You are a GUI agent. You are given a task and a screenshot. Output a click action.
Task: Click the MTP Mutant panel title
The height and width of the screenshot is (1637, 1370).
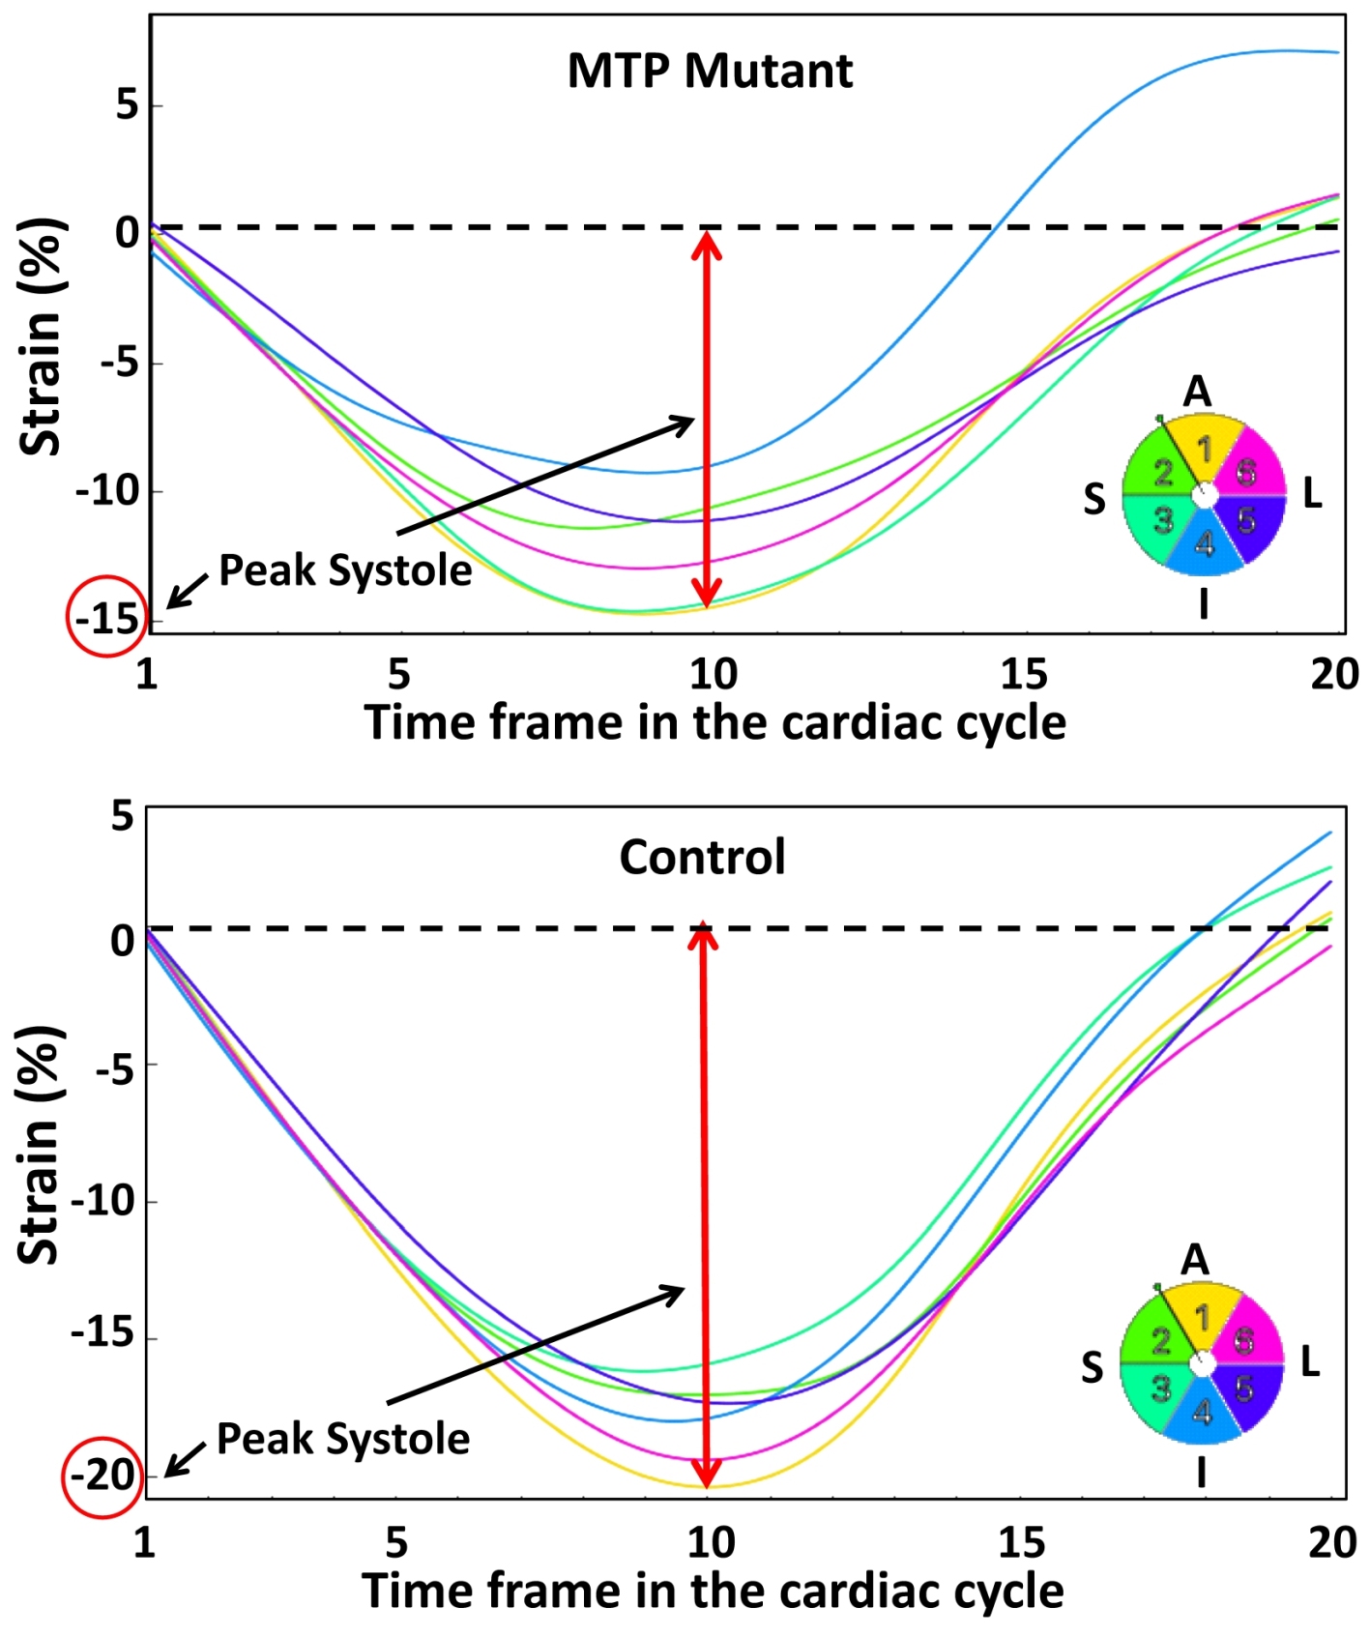point(710,71)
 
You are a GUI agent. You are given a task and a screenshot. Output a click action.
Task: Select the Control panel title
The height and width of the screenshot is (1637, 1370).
point(702,857)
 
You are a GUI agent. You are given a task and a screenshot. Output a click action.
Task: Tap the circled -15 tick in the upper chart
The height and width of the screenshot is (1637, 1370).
point(107,617)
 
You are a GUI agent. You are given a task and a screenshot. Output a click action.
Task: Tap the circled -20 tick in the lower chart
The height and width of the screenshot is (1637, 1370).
point(103,1476)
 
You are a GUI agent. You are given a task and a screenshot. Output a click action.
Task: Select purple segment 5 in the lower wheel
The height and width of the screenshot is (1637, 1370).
point(1246,1389)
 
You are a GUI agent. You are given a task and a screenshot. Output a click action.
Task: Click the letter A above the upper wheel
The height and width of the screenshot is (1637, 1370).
point(1198,393)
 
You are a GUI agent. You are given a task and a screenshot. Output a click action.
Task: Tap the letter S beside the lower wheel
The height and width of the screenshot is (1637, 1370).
point(1092,1367)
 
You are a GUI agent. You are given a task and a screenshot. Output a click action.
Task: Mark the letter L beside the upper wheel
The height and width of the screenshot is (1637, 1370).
point(1312,494)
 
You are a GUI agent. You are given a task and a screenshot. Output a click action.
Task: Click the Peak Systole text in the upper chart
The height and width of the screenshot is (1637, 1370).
point(345,570)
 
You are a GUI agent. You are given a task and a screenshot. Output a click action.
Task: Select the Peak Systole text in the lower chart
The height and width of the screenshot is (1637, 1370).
point(343,1439)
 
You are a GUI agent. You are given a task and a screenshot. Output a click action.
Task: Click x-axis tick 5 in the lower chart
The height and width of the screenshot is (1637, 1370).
point(396,1542)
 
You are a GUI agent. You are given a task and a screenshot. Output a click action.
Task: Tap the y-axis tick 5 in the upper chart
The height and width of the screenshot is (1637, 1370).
point(128,104)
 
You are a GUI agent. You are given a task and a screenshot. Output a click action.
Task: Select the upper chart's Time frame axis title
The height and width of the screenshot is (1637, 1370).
point(715,723)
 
